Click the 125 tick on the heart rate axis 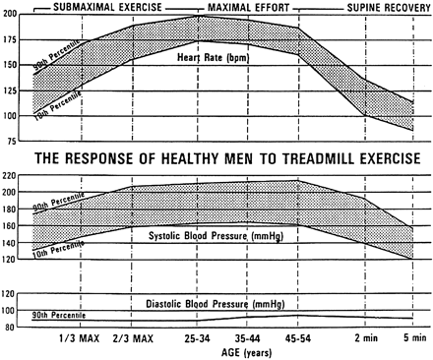pos(12,91)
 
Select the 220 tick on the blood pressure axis pos(12,175)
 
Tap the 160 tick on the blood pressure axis pos(12,225)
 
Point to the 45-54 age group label pos(297,338)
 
